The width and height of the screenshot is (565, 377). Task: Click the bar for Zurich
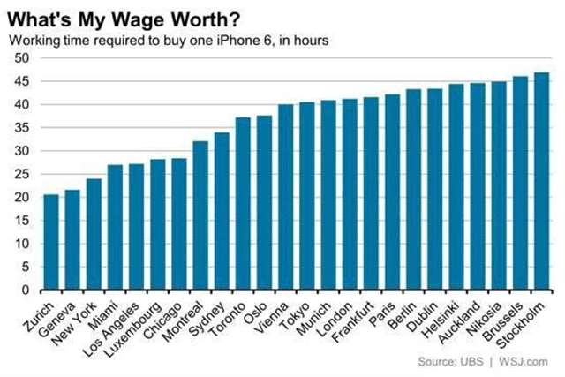[x=51, y=243]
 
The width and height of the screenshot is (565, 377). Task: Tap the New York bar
[x=94, y=235]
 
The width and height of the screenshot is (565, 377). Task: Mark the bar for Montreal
[x=200, y=215]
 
